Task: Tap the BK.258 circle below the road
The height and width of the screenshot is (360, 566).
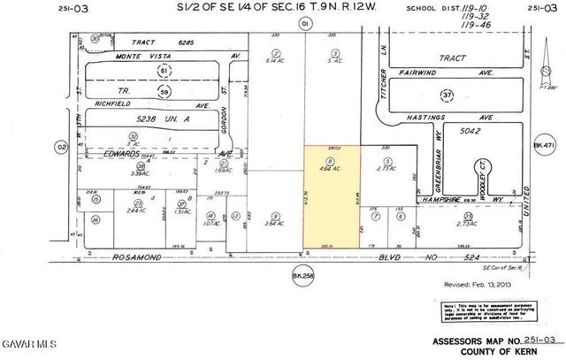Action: pyautogui.click(x=303, y=277)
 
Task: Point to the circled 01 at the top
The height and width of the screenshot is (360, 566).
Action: pyautogui.click(x=305, y=23)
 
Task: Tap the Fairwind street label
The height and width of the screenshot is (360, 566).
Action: pyautogui.click(x=421, y=73)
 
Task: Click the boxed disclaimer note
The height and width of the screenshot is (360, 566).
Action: pyautogui.click(x=487, y=311)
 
